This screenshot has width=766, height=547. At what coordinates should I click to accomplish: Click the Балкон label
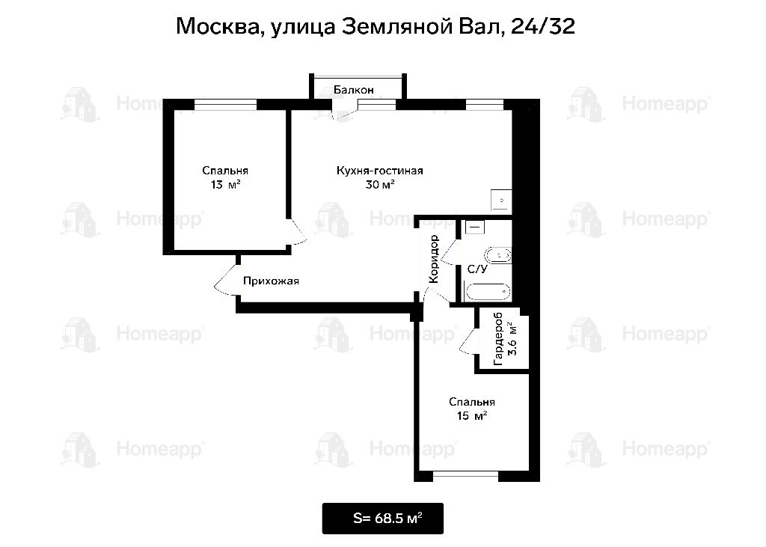pos(354,90)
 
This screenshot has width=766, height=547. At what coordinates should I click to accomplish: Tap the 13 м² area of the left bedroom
pos(225,184)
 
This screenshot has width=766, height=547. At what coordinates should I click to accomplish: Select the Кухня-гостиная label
pos(379,171)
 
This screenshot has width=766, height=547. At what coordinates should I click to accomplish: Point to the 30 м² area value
pos(379,184)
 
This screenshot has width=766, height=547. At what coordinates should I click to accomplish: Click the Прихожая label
pos(271,281)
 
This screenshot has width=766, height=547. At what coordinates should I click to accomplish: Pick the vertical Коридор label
pos(434,259)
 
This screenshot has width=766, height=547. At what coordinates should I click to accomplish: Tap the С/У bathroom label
pos(477,269)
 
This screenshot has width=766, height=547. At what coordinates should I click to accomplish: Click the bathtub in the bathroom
pos(488,292)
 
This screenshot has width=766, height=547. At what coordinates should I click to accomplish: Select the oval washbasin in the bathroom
pos(497,256)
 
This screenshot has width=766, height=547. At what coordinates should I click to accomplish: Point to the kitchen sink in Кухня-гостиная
pos(501,200)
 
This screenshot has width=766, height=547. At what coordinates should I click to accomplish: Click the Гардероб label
pos(498,339)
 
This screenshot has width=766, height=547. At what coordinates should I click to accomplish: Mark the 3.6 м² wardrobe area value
pos(512,339)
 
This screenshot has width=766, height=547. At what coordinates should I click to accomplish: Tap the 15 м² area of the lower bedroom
pos(471,416)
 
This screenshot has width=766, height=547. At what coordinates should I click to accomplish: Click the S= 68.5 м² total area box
pos(383,519)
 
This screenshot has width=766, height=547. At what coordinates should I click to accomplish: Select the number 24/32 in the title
pos(542,26)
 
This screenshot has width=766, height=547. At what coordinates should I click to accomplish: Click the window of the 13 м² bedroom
pos(225,104)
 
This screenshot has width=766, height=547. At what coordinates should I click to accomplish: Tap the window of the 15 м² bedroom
pos(465,474)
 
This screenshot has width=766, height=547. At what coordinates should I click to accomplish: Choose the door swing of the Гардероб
pos(468,341)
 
